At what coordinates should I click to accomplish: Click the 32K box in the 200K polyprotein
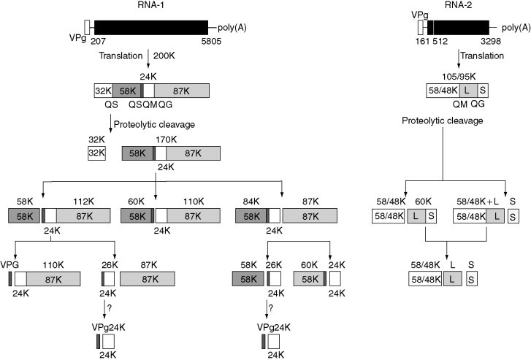tap(102, 91)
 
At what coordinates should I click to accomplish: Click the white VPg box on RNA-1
tap(88, 27)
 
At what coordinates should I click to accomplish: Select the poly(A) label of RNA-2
tap(514, 27)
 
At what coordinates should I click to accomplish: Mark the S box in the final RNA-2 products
tap(471, 277)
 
